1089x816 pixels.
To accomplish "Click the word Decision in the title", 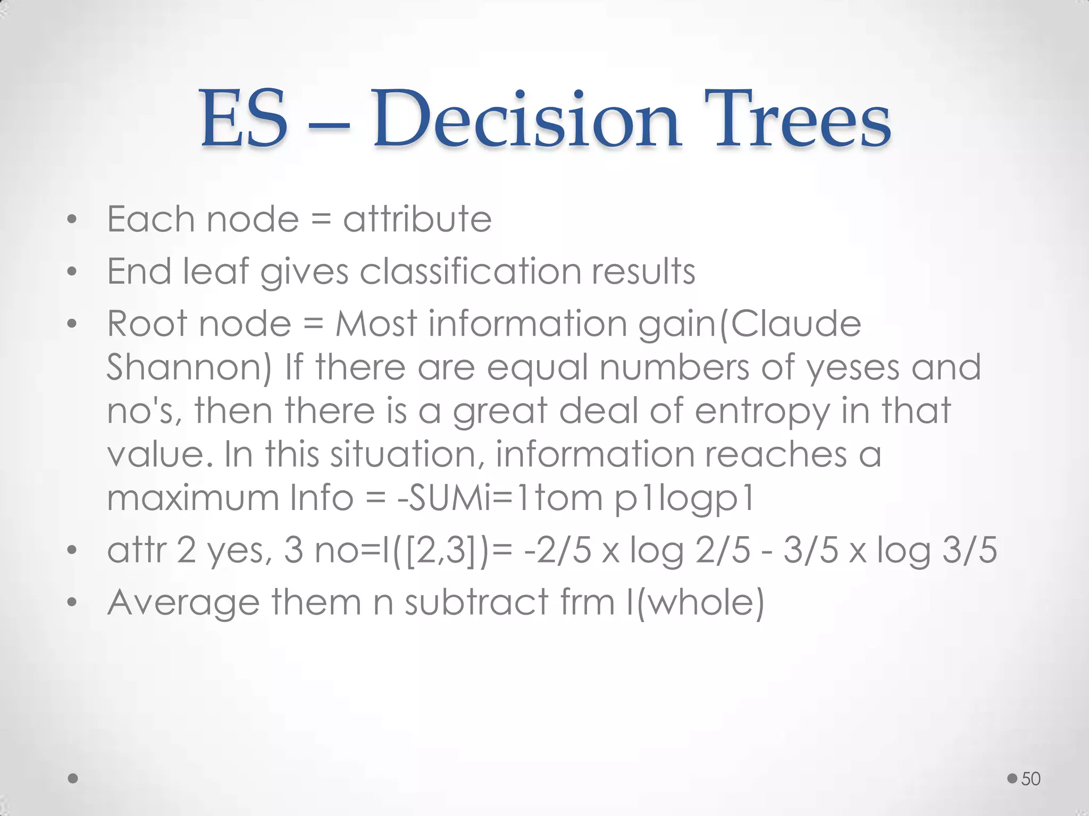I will click(x=526, y=119).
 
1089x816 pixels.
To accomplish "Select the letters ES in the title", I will click(x=244, y=119).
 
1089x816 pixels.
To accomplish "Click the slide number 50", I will click(x=1031, y=779).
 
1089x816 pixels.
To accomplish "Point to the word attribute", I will click(x=417, y=219).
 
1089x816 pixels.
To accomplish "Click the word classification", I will click(x=470, y=271).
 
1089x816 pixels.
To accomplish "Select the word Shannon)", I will click(x=189, y=367).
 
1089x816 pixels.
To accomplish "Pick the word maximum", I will click(x=193, y=498).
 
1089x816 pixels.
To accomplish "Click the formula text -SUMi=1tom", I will click(x=499, y=498).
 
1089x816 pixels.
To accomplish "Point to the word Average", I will click(x=183, y=602).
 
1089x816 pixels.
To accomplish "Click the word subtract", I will click(x=476, y=602).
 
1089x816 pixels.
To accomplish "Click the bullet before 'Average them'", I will click(x=72, y=603).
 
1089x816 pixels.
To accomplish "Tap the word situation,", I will click(x=406, y=454).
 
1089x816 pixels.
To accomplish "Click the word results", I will click(x=643, y=271).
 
